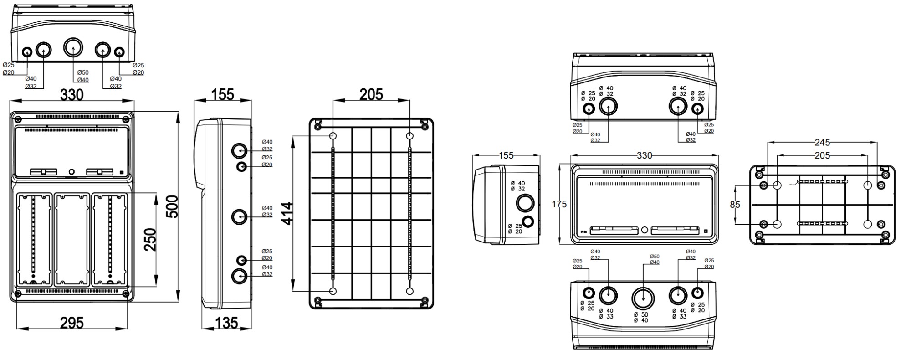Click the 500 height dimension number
click(x=173, y=207)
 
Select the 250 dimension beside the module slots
click(x=150, y=240)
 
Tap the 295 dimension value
click(x=72, y=323)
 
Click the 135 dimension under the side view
click(x=226, y=323)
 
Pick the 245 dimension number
click(x=822, y=143)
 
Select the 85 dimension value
click(x=735, y=205)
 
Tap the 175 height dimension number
click(x=559, y=204)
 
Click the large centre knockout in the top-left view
click(x=73, y=47)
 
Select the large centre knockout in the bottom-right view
click(x=643, y=298)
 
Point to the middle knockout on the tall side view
click(x=239, y=216)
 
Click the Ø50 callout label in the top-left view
click(x=83, y=72)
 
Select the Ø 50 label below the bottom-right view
click(x=641, y=314)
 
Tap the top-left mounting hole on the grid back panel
click(x=333, y=136)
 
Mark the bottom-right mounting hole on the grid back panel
click(x=409, y=291)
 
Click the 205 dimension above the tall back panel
click(x=371, y=94)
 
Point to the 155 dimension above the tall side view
click(x=223, y=94)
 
